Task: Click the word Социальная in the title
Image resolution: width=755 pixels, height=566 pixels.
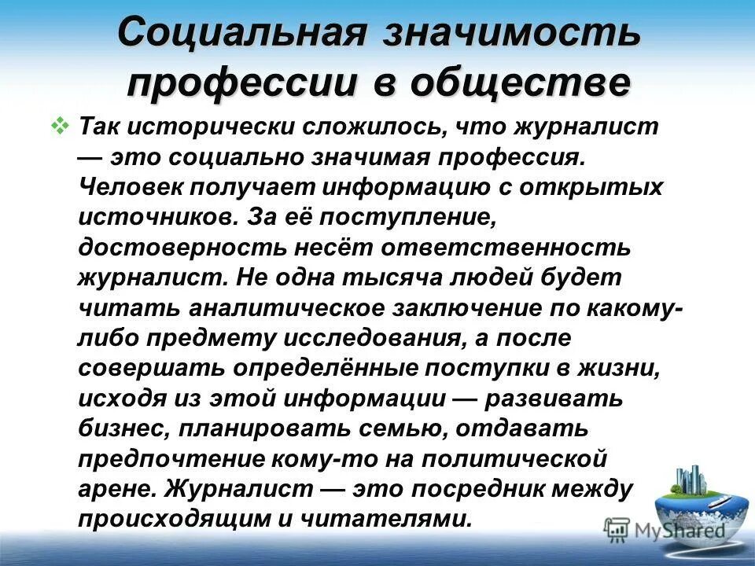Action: (x=244, y=34)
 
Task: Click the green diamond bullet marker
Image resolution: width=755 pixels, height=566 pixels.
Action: (x=61, y=125)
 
